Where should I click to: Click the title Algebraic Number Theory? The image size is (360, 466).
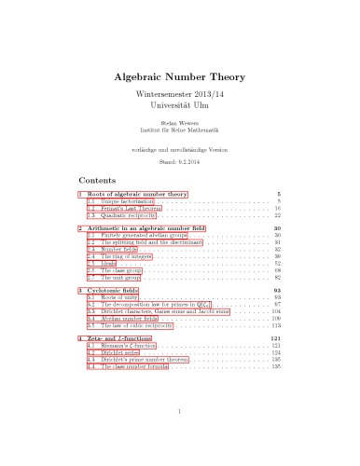click(x=179, y=79)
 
